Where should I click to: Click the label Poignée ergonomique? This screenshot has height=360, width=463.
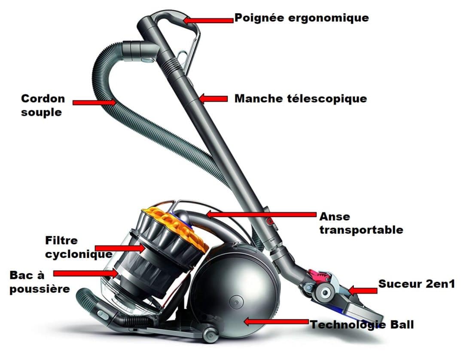click(x=301, y=18)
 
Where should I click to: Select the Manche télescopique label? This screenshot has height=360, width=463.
click(x=301, y=99)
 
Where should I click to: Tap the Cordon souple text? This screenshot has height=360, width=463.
click(x=43, y=105)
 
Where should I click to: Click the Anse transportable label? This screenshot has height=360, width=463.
click(x=361, y=223)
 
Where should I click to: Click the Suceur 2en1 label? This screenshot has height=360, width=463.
click(x=416, y=284)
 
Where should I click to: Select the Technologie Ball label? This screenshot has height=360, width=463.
click(x=362, y=324)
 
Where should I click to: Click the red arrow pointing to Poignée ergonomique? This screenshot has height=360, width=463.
click(x=208, y=20)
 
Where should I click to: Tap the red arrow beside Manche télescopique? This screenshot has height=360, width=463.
click(x=213, y=99)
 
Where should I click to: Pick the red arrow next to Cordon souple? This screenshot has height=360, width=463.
click(x=94, y=103)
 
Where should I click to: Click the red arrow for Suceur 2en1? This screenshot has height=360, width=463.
click(x=362, y=290)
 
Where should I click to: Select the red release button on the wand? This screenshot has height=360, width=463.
click(x=270, y=221)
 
